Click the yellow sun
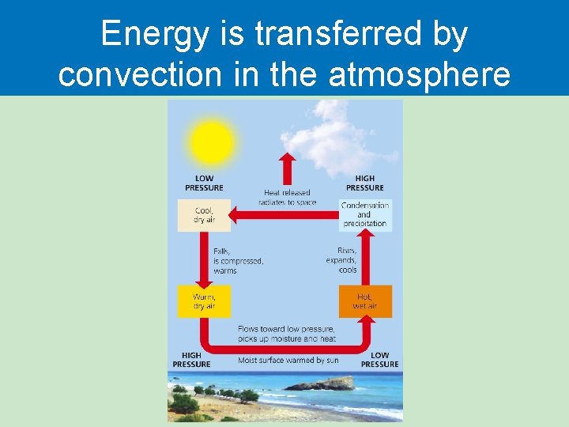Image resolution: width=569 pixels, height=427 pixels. (x=212, y=143)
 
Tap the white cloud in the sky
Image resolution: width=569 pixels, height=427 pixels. (x=332, y=142)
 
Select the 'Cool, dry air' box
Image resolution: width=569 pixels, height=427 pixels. (x=204, y=215)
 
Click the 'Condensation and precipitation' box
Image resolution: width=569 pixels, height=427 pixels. (x=364, y=214)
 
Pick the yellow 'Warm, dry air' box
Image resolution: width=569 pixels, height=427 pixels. (x=204, y=301)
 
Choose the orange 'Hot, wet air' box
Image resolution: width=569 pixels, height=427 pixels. (x=365, y=301)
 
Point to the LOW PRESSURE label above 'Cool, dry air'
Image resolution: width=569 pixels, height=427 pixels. (x=204, y=183)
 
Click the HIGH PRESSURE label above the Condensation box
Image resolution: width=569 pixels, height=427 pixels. (x=364, y=183)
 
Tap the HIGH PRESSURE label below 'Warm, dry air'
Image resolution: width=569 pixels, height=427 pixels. (x=191, y=360)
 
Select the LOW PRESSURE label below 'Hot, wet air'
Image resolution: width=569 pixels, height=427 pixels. (x=379, y=360)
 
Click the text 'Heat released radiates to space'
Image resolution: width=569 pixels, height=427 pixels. (x=287, y=197)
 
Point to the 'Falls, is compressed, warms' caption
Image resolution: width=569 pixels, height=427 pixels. (x=237, y=260)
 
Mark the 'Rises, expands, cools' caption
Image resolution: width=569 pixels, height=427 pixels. (x=341, y=260)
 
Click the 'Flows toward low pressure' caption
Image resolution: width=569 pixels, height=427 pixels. (x=286, y=334)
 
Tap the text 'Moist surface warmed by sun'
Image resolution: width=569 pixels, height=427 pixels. (x=288, y=360)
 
